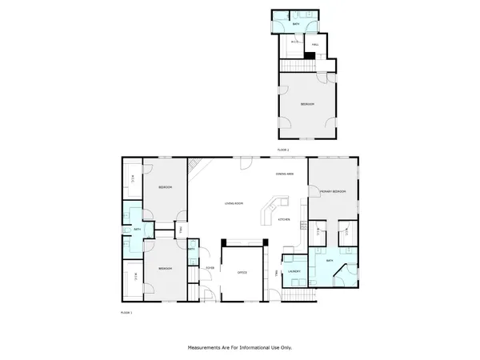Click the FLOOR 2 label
click(x=282, y=150)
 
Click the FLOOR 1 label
click(x=126, y=311)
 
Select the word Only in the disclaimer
click(x=286, y=348)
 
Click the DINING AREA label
click(x=284, y=174)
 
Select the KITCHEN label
click(x=283, y=219)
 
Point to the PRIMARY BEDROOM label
click(x=333, y=192)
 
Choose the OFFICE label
click(x=242, y=273)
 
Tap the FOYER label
click(x=210, y=267)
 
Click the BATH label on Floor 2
click(x=296, y=26)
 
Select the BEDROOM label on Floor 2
click(x=307, y=105)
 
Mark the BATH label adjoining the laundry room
click(x=329, y=261)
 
